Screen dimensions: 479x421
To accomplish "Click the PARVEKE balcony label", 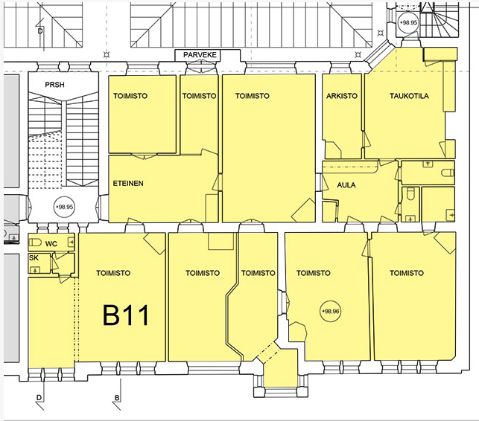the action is click(x=200, y=55).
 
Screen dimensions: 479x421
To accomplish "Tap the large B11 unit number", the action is click(x=126, y=315).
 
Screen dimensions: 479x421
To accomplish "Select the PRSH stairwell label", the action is click(x=54, y=85).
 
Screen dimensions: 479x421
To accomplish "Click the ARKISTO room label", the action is click(x=341, y=96).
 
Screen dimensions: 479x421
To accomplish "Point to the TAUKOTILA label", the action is click(x=409, y=96).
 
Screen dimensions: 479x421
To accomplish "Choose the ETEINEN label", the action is click(x=128, y=183).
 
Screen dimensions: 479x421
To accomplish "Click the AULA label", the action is click(x=346, y=185).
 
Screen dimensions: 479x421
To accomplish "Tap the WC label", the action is click(x=51, y=244).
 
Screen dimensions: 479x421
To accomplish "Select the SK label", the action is click(x=34, y=258).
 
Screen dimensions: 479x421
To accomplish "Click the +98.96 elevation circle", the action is click(x=331, y=311).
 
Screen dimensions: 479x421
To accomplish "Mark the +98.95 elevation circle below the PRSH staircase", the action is click(x=64, y=207).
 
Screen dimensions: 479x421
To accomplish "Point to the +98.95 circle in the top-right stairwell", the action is click(x=409, y=22).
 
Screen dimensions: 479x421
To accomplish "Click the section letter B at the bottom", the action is click(x=117, y=398).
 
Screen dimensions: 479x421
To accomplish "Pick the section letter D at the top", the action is click(x=40, y=30).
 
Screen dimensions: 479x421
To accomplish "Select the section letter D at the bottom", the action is click(x=39, y=398).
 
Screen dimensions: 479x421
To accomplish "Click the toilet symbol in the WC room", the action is click(x=35, y=242).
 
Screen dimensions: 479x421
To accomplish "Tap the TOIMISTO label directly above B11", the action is click(x=113, y=273).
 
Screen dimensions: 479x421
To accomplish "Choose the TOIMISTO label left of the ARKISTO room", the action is click(x=253, y=96).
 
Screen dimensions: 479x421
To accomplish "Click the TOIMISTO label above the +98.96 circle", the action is click(x=314, y=273).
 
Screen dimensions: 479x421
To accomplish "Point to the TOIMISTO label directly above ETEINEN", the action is click(x=130, y=96).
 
